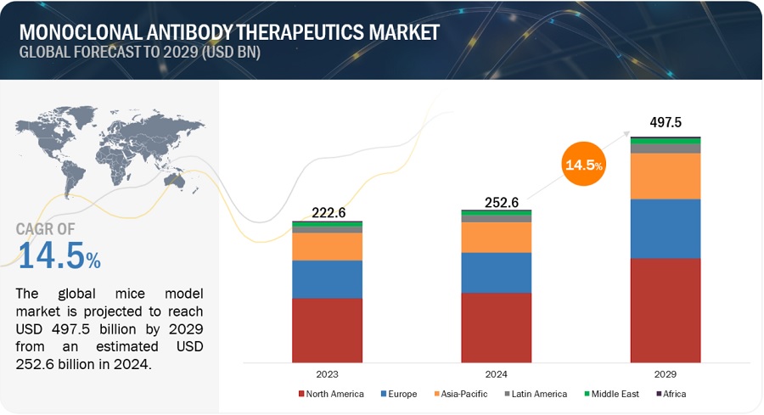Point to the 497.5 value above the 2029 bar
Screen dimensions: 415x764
pyautogui.click(x=666, y=123)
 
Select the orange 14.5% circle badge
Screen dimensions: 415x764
pyautogui.click(x=583, y=165)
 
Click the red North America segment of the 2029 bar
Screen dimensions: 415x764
pyautogui.click(x=666, y=311)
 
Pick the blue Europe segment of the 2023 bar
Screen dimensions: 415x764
pyautogui.click(x=327, y=279)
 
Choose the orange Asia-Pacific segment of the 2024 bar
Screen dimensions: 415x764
pyautogui.click(x=496, y=237)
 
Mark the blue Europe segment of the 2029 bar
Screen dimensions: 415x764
pyautogui.click(x=666, y=228)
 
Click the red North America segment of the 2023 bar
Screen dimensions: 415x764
pyautogui.click(x=327, y=330)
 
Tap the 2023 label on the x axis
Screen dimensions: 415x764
pyautogui.click(x=327, y=373)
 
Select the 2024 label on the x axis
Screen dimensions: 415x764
pyautogui.click(x=496, y=373)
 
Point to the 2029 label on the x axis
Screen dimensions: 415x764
pyautogui.click(x=666, y=373)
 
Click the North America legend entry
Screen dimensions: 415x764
pyautogui.click(x=331, y=394)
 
